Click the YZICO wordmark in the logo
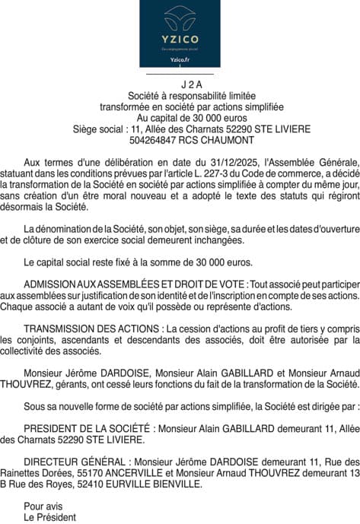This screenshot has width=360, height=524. point(180,38)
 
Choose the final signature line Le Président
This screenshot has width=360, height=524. point(50,516)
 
